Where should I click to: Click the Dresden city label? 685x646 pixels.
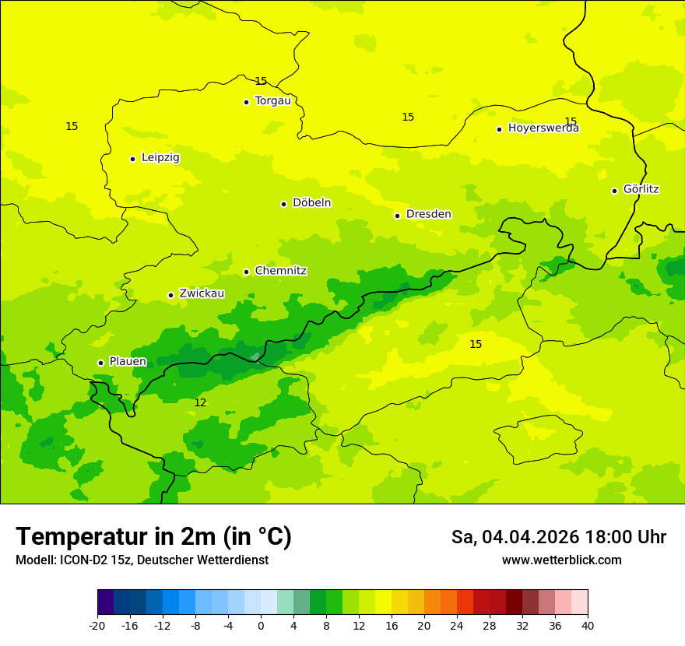tap(428, 214)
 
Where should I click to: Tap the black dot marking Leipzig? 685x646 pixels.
tap(133, 159)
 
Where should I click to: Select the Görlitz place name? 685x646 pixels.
tap(641, 189)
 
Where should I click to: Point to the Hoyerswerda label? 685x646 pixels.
tap(543, 128)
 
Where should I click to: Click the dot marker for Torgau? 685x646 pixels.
tap(246, 102)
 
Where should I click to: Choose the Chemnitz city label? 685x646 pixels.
tap(280, 271)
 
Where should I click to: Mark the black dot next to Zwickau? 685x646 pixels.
tap(170, 295)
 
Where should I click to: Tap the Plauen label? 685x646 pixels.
tap(128, 361)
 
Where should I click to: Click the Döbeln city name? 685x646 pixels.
tap(311, 203)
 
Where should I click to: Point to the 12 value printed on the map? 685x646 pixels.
tap(200, 402)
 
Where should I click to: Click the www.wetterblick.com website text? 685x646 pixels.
tap(561, 560)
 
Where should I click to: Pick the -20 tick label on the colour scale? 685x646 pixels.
tap(97, 625)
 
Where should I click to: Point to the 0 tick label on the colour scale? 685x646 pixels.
tap(261, 625)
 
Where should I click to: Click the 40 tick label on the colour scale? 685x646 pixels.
tap(588, 625)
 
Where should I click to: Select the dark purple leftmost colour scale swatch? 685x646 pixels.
tap(105, 602)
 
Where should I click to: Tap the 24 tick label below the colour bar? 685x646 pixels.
tap(457, 625)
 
